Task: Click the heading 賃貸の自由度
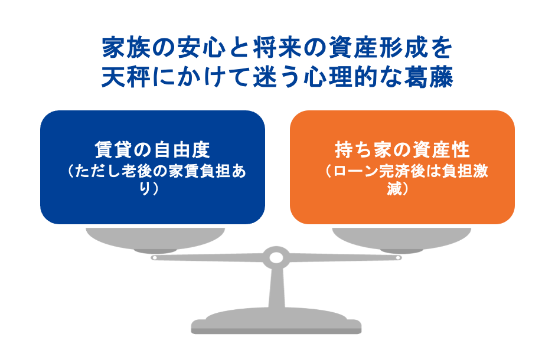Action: tap(152, 149)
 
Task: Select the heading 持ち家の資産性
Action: tap(401, 149)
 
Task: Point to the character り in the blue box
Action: tap(146, 190)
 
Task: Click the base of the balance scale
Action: tap(276, 325)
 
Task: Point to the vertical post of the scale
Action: tap(276, 289)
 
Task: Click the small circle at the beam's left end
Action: tap(154, 257)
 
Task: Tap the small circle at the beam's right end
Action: tap(399, 257)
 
